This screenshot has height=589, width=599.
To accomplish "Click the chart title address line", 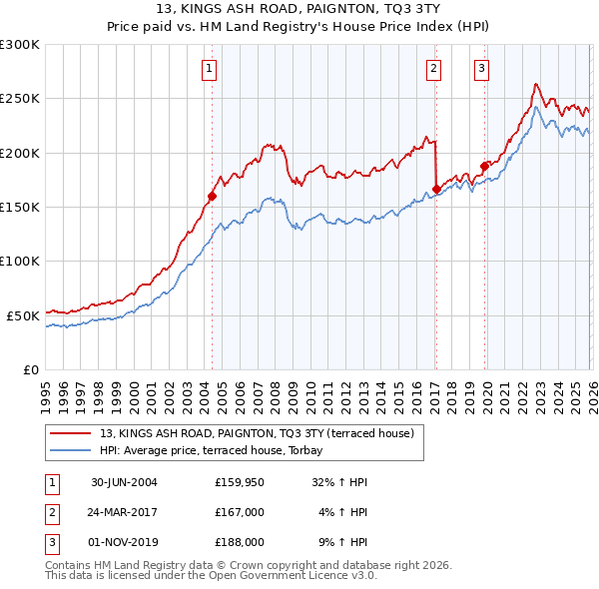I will click(x=299, y=9).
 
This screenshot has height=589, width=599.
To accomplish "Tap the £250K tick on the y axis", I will click(x=20, y=99).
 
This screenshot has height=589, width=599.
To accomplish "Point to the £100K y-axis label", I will click(x=20, y=262).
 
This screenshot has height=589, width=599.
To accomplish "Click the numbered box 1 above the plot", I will click(x=210, y=69).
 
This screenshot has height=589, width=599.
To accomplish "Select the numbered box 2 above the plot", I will click(x=434, y=69).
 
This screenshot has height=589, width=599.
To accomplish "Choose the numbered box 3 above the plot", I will click(x=481, y=69).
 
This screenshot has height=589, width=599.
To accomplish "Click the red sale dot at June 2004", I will click(x=213, y=197).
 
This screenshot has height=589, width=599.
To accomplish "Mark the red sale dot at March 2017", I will click(x=436, y=189).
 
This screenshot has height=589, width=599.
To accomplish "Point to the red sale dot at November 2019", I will click(x=484, y=166).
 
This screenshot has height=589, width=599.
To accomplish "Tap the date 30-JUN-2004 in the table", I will click(x=124, y=482).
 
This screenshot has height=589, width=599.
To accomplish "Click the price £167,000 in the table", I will click(x=239, y=512).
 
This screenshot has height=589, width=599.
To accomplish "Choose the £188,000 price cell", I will click(x=239, y=542).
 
